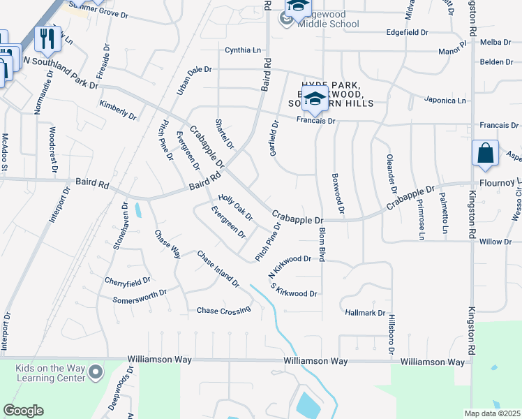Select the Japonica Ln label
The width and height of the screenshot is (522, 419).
pyautogui.click(x=446, y=101)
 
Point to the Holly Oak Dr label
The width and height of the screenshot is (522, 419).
pyautogui.click(x=235, y=206)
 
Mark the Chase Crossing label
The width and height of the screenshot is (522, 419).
pyautogui.click(x=223, y=310)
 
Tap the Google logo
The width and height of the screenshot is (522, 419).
pyautogui.click(x=23, y=411)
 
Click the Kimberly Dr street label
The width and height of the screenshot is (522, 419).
pyautogui.click(x=117, y=110)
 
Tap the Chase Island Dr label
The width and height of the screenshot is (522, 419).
pyautogui.click(x=218, y=270)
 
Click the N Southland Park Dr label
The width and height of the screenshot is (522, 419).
pyautogui.click(x=61, y=73)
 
